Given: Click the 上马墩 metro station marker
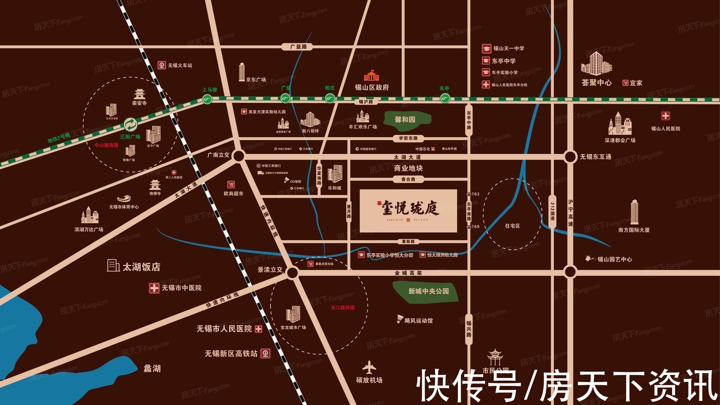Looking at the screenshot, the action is click(x=207, y=99).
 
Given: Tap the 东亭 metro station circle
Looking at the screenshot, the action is click(x=445, y=99).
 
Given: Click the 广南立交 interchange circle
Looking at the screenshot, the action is click(x=238, y=156).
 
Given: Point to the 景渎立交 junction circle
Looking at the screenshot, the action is click(x=292, y=273).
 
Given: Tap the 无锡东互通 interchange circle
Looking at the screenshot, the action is click(x=570, y=157).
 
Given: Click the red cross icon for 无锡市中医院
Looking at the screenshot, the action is click(x=154, y=288).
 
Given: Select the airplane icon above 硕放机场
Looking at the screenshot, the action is click(x=369, y=367).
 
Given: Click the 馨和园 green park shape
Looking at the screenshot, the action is click(x=407, y=119).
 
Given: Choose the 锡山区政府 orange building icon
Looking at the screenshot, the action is click(x=371, y=76).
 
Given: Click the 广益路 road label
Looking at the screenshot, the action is click(x=299, y=47).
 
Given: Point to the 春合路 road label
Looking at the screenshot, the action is click(x=408, y=179).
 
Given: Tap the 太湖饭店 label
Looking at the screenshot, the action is click(x=141, y=267).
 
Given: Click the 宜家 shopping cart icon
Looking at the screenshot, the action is click(x=625, y=83).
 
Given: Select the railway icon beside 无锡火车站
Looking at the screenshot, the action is click(x=162, y=65).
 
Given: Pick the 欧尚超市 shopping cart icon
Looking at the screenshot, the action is click(x=231, y=184).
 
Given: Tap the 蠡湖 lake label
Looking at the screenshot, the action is click(x=152, y=369).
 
